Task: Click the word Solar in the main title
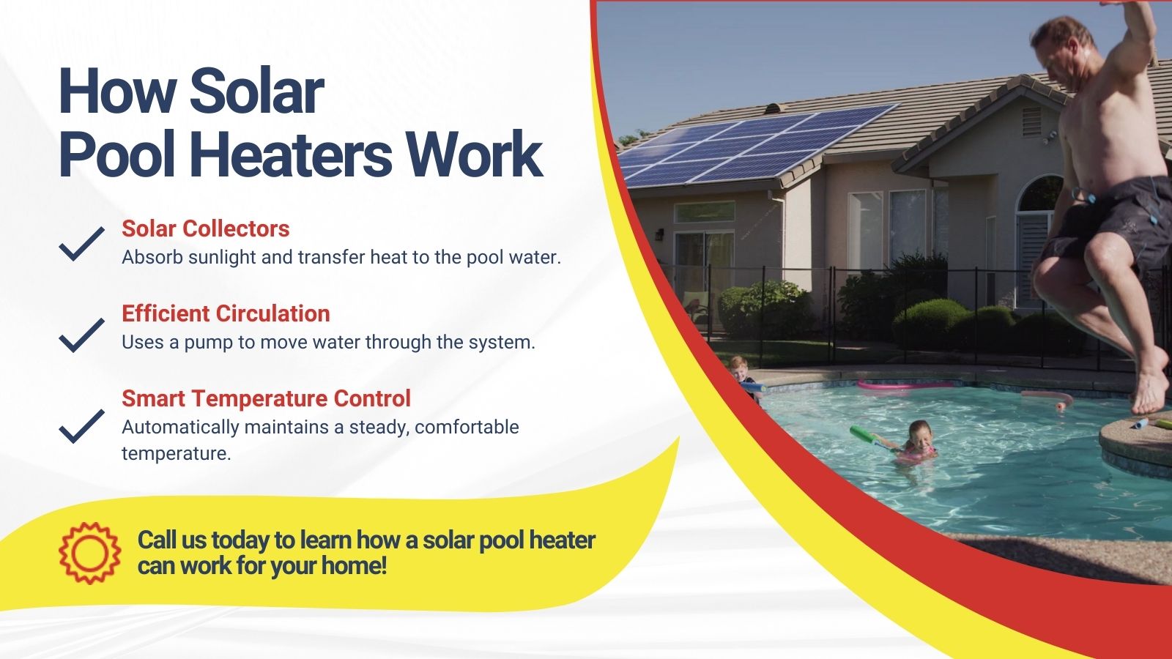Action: [x=257, y=92]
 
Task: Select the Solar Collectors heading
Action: [x=206, y=228]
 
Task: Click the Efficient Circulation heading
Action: [x=226, y=314]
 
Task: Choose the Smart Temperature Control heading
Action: [x=267, y=398]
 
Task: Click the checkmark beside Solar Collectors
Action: [x=81, y=244]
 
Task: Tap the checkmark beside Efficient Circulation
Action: [x=81, y=335]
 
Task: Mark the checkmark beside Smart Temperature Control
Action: [x=81, y=426]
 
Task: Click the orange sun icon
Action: [x=90, y=554]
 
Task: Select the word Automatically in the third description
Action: [x=180, y=428]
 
